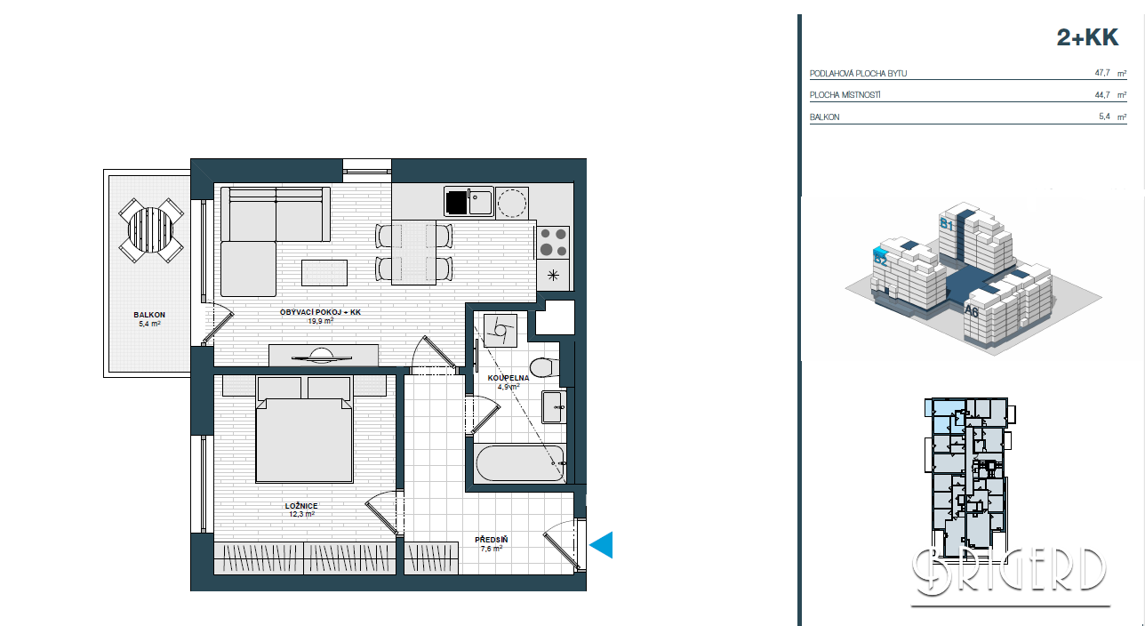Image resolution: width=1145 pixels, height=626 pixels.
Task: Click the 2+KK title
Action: pos(1087,37)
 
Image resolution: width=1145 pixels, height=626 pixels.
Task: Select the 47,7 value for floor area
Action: pos(1102,73)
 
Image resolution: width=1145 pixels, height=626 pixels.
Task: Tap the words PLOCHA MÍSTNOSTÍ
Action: pos(845,95)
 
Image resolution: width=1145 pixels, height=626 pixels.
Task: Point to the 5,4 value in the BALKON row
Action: pos(1104,116)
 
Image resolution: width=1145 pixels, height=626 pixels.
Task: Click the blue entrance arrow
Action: pos(601,545)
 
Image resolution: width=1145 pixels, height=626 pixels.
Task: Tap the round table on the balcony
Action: pos(150,230)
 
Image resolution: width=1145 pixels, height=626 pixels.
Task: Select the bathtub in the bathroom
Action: pos(520,463)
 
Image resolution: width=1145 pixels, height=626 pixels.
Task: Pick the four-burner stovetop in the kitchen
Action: pos(553,243)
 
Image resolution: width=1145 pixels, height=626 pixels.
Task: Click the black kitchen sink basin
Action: pos(456,202)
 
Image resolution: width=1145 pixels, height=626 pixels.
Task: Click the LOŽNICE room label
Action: pos(301,506)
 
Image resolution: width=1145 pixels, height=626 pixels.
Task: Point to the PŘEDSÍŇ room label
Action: pos(492,540)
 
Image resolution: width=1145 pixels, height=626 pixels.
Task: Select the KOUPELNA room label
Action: pos(508,378)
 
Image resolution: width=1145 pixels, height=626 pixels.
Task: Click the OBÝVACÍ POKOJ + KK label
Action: pos(321,312)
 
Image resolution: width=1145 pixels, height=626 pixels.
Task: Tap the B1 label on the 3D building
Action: pos(947,224)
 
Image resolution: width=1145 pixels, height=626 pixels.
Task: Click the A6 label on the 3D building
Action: pos(971,310)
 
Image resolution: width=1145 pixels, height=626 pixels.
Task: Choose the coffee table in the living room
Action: pos(324,273)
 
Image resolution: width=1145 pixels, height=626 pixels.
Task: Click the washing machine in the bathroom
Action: pos(500,331)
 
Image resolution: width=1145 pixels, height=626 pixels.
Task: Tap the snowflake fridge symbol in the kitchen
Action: pos(553,276)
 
